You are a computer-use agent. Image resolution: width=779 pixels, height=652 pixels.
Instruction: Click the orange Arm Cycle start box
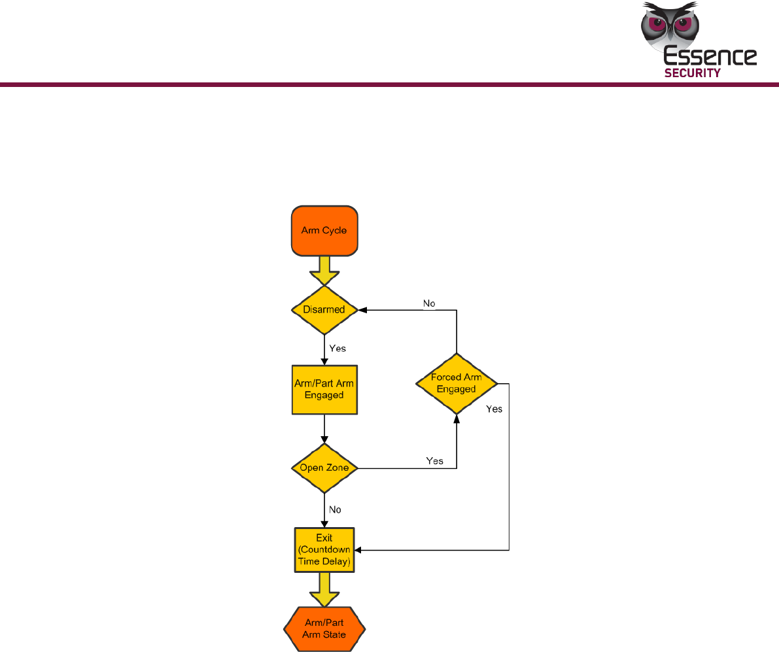(324, 231)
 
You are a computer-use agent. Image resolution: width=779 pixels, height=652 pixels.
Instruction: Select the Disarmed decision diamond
(324, 309)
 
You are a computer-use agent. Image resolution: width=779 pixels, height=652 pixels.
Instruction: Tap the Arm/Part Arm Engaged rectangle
(324, 389)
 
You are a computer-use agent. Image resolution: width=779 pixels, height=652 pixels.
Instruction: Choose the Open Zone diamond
(324, 468)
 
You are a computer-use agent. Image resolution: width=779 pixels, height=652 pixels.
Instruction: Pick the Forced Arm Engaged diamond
(456, 383)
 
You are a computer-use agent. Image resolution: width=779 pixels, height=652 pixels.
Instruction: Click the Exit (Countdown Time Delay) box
(324, 549)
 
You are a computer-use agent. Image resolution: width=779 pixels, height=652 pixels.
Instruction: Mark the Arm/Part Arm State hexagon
(324, 628)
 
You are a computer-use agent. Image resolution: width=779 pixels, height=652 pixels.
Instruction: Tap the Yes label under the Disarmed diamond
(338, 349)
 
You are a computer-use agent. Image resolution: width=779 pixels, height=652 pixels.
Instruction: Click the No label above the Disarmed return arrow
(429, 303)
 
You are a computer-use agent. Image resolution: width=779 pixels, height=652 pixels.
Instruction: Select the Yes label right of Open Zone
(435, 461)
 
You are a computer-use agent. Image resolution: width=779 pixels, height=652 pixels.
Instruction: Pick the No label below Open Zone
(335, 509)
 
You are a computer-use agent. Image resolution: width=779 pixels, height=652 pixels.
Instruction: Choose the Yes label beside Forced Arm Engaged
(494, 409)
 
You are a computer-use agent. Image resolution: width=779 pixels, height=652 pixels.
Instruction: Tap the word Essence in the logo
(710, 57)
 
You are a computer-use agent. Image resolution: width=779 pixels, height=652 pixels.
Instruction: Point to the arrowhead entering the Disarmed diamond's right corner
(363, 310)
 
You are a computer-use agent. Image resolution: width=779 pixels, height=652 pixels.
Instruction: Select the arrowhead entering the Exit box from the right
(358, 550)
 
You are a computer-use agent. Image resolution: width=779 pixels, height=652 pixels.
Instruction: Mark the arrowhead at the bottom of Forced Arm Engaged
(456, 418)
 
